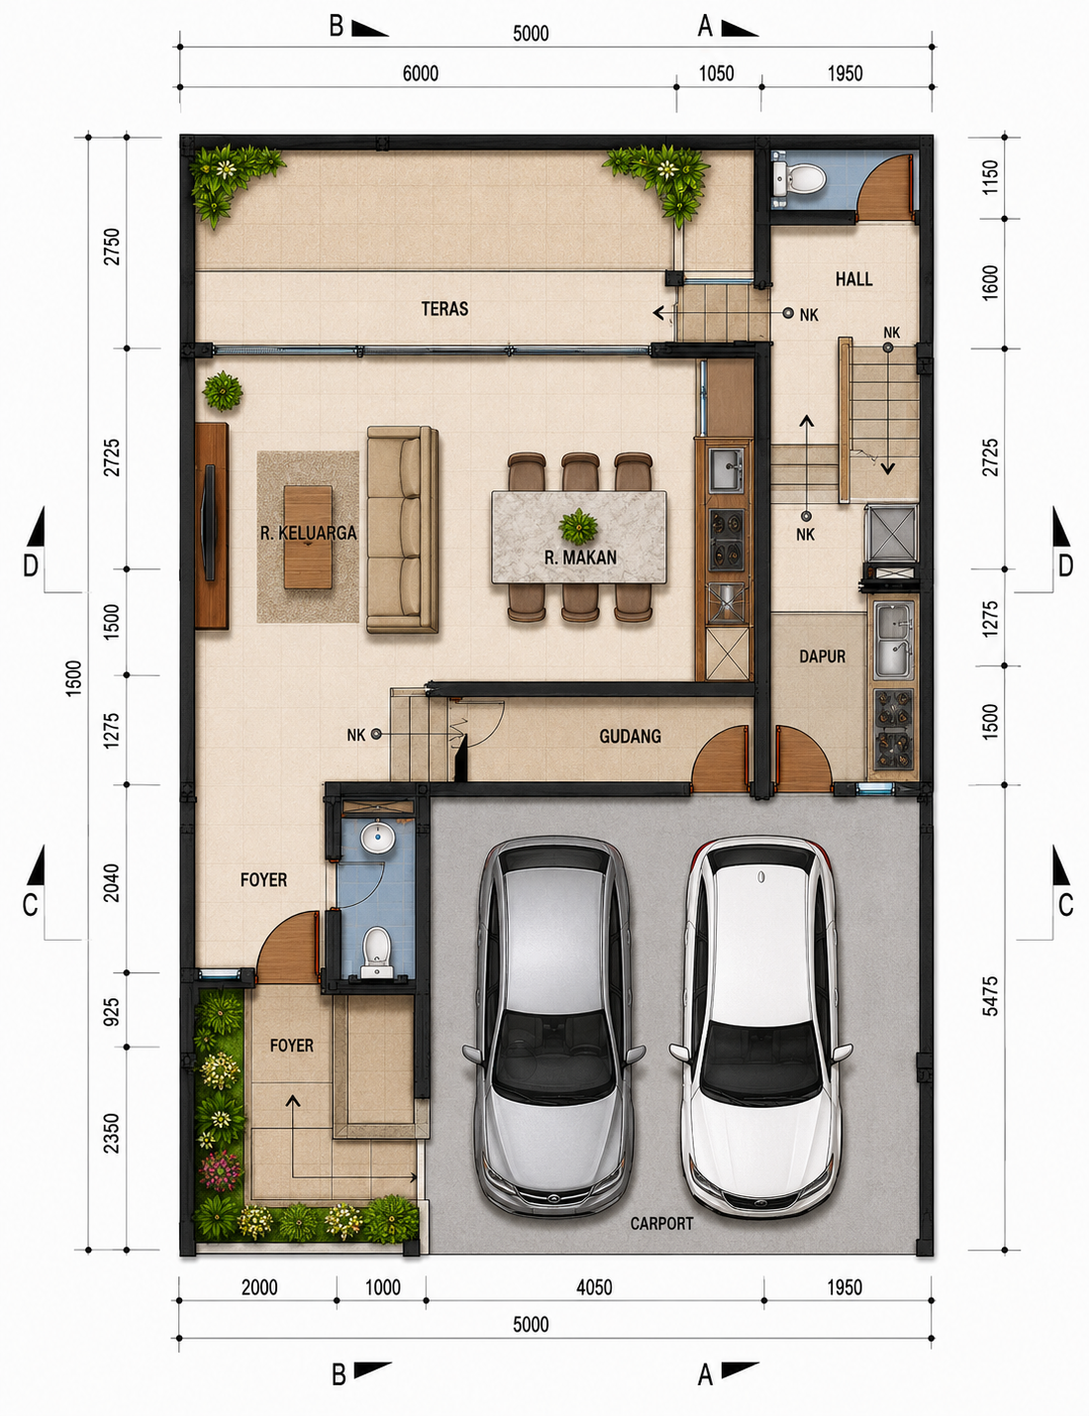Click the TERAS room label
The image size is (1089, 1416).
445,308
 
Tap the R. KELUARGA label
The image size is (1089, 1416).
308,533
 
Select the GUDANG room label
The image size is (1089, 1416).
630,737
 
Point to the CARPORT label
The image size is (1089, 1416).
661,1224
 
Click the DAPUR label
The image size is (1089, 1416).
822,657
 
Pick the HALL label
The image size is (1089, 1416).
853,279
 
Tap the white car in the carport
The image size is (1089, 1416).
760,1028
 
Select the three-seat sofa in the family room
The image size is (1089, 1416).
402,530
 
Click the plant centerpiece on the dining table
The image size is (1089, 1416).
578,527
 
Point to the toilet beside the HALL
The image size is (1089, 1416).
799,177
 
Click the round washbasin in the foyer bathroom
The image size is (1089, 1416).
377,838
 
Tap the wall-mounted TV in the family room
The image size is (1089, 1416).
209,522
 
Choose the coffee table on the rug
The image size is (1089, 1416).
308,537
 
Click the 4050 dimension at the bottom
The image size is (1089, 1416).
594,1287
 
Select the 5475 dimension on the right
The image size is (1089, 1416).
990,996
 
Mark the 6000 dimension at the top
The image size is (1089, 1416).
420,73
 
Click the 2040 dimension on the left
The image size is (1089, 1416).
112,882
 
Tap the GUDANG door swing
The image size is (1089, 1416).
720,759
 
